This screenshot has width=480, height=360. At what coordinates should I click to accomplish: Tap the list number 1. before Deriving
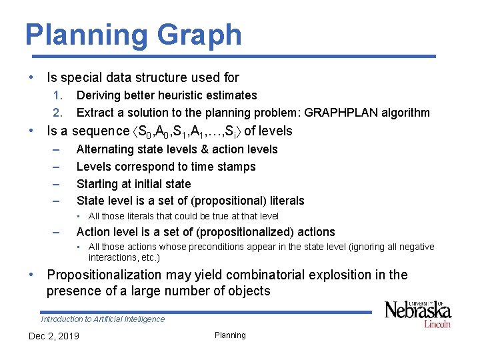[x=58, y=95]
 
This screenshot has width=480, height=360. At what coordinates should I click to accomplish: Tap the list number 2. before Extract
[x=58, y=113]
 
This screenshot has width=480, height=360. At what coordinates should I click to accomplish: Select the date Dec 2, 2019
[x=53, y=335]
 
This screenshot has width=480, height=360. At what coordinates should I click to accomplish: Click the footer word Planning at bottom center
[x=230, y=335]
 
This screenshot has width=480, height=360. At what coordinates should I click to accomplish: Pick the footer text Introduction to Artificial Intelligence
[x=103, y=319]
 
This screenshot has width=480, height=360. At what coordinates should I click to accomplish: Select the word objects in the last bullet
[x=246, y=291]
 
